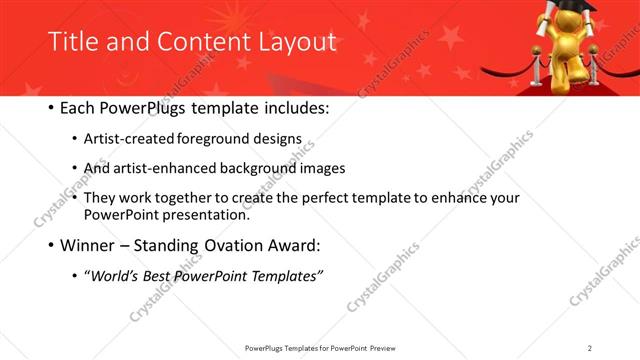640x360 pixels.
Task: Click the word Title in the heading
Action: (71, 42)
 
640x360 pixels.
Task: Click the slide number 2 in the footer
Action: (590, 348)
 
